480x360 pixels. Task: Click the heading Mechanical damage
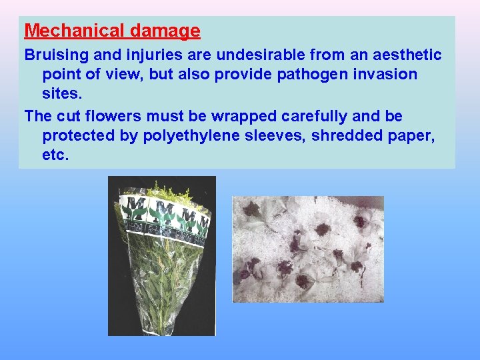(112, 31)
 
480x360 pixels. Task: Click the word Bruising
(53, 55)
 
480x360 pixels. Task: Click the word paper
(415, 135)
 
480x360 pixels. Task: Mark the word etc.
(55, 155)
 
